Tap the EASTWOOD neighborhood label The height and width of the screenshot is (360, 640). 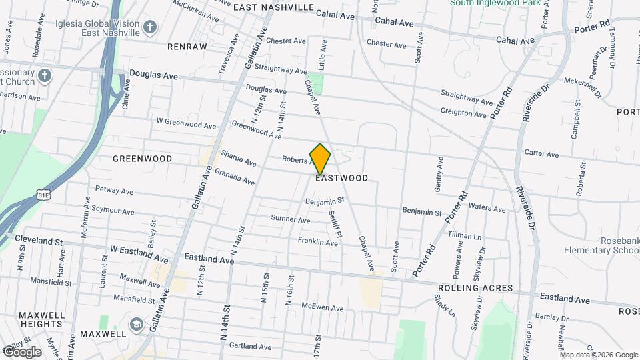(341, 179)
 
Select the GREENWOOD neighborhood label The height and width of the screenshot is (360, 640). (142, 159)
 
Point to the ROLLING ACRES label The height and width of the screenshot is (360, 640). (475, 288)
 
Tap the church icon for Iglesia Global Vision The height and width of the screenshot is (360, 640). (150, 27)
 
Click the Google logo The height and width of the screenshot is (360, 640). (23, 351)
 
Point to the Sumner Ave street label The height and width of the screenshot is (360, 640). (291, 219)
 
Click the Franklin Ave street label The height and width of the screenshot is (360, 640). (317, 241)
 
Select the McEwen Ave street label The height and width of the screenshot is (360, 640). (322, 308)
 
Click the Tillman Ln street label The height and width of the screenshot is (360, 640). (465, 237)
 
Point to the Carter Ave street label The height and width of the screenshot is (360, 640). (541, 153)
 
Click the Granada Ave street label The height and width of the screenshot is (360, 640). (238, 177)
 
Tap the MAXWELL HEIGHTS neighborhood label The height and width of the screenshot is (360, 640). (41, 319)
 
